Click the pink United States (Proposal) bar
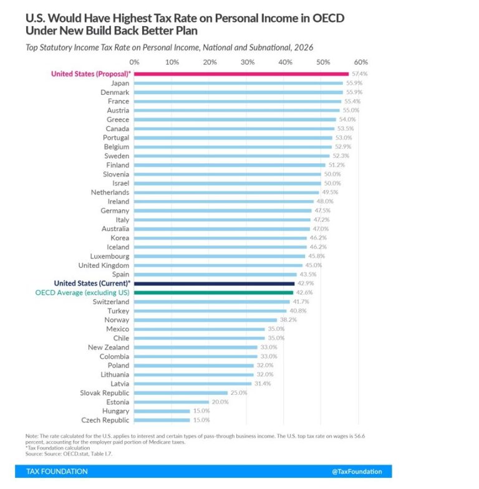coord(241,74)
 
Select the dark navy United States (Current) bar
coord(214,283)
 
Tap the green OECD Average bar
coord(213,292)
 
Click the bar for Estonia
coord(172,402)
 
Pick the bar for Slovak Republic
coord(181,393)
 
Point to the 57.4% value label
coord(359,74)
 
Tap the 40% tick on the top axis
coord(285,62)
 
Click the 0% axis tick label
coord(134,62)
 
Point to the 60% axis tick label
coord(360,62)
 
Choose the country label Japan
coord(120,83)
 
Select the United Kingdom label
coord(103,265)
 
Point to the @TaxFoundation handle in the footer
coord(357,472)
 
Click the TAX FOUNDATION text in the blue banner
coord(57,472)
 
